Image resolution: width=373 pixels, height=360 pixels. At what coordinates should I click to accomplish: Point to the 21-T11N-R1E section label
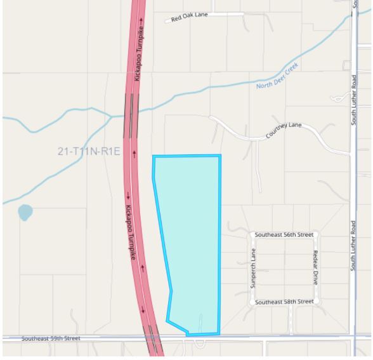89,151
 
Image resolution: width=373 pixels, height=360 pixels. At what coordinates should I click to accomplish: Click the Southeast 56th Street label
284,234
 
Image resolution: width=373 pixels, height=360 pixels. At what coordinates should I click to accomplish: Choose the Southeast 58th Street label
284,302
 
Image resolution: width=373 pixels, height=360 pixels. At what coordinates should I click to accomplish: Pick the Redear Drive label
315,267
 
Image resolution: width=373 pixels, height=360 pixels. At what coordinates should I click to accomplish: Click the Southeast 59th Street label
51,338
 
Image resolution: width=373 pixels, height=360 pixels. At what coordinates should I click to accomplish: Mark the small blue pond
25,212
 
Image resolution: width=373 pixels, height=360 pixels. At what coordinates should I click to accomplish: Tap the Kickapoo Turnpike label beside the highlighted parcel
129,232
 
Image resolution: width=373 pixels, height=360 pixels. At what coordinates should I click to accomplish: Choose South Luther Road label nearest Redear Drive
354,246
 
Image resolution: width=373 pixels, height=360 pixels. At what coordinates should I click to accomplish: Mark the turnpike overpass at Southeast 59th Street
154,337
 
